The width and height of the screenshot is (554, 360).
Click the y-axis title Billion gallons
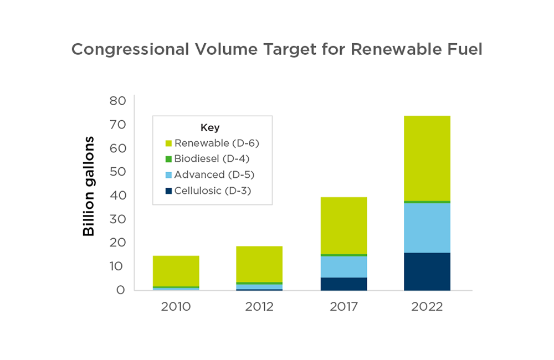pyautogui.click(x=89, y=186)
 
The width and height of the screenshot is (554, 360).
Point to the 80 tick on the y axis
pyautogui.click(x=117, y=101)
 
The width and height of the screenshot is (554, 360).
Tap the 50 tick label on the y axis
pyautogui.click(x=117, y=172)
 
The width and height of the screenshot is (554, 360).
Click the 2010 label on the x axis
pyautogui.click(x=176, y=306)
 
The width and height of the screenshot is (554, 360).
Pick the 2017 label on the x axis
pyautogui.click(x=343, y=306)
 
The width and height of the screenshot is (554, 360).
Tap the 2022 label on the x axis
pyautogui.click(x=427, y=306)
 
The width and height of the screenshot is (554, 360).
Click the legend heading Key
pyautogui.click(x=209, y=127)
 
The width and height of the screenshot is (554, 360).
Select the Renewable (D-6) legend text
pyautogui.click(x=217, y=143)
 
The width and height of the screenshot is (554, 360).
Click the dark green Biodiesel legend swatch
pyautogui.click(x=168, y=160)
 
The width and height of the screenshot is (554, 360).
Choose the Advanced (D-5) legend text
pyautogui.click(x=214, y=175)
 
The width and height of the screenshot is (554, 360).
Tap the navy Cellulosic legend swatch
pyautogui.click(x=168, y=191)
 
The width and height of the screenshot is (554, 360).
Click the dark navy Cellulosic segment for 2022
pyautogui.click(x=427, y=271)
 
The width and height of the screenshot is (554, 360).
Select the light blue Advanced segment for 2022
pyautogui.click(x=427, y=228)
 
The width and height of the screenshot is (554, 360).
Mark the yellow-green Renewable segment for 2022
pyautogui.click(x=427, y=158)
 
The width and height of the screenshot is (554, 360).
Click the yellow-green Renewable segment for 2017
pyautogui.click(x=343, y=225)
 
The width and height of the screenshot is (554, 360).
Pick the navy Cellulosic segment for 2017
pyautogui.click(x=343, y=284)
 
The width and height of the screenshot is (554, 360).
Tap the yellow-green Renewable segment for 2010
pyautogui.click(x=176, y=271)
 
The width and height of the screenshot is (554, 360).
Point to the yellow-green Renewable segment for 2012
pyautogui.click(x=259, y=264)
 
